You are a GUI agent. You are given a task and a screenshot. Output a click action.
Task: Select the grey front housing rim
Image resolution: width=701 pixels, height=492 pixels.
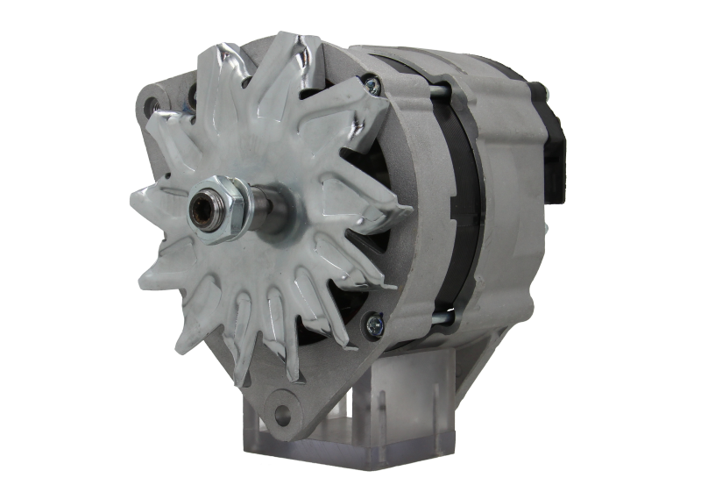(x=412, y=263)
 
